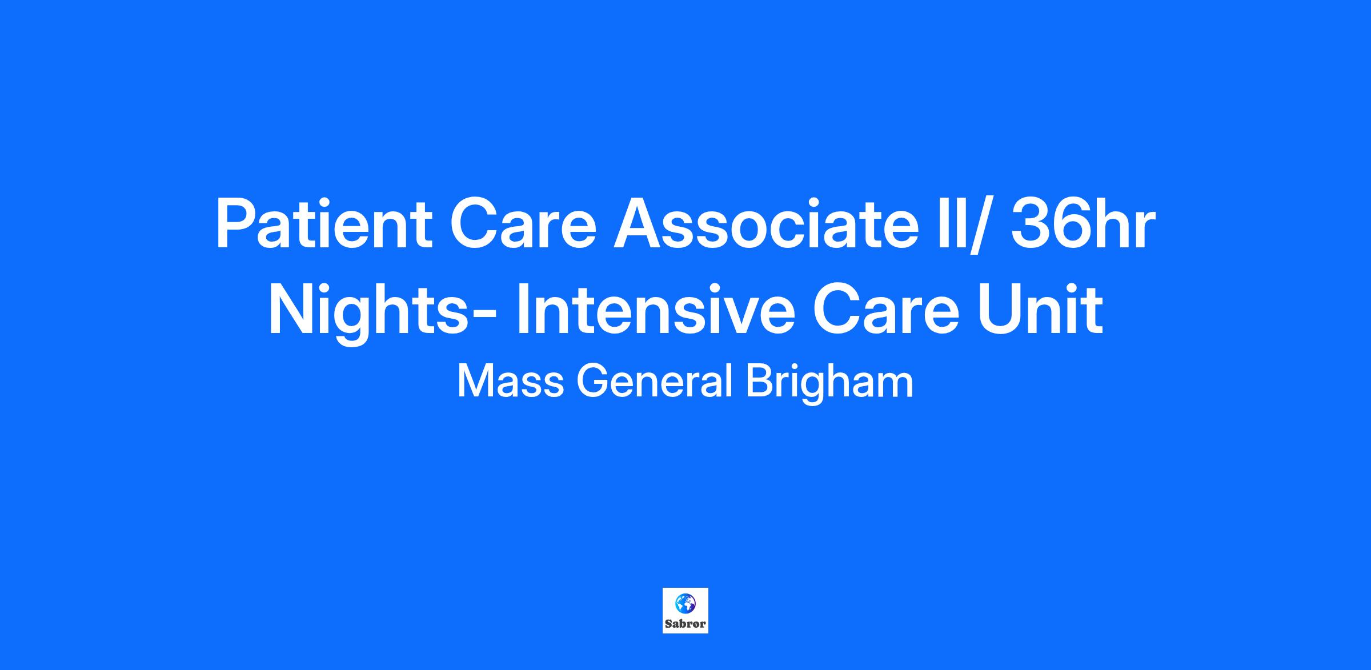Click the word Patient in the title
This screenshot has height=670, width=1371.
(323, 224)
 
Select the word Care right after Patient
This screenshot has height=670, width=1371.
(523, 224)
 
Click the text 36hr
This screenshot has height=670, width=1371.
(1081, 224)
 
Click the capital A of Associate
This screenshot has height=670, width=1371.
(639, 224)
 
